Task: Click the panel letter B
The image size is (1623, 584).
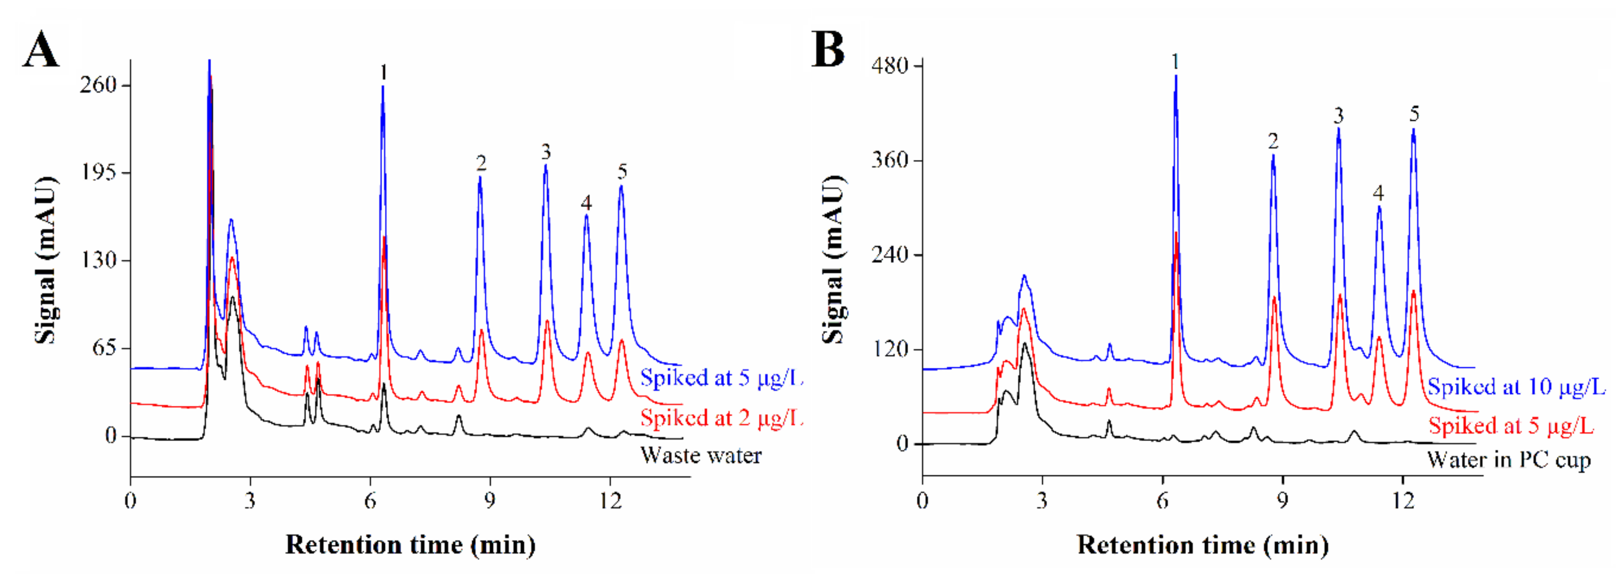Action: click(x=827, y=50)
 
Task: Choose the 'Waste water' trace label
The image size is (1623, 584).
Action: click(x=700, y=455)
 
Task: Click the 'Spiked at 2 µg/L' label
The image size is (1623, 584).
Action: click(x=721, y=418)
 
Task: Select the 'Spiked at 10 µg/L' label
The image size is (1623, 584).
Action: click(x=1516, y=386)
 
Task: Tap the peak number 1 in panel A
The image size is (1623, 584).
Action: click(x=383, y=73)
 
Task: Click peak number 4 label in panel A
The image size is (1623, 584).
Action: click(x=586, y=203)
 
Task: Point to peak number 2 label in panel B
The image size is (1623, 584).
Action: click(x=1273, y=141)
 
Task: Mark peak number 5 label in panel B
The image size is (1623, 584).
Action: click(x=1414, y=114)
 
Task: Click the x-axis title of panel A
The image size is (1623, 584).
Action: click(x=410, y=544)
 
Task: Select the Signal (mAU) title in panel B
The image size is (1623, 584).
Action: click(x=834, y=260)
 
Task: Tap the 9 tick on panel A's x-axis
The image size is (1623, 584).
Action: click(x=489, y=501)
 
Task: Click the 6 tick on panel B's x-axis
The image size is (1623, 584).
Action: click(x=1162, y=501)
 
